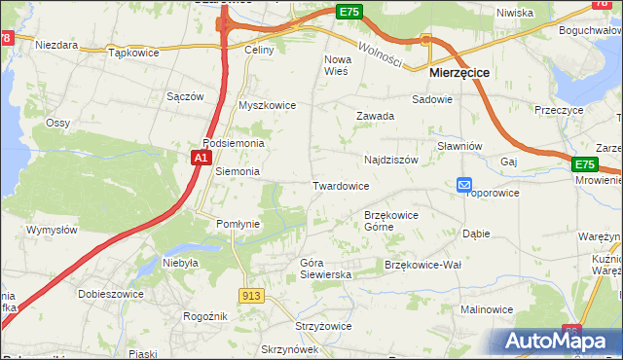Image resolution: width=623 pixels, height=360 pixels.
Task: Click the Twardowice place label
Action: point(340,185)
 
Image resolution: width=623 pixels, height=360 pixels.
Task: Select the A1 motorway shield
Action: point(201,158)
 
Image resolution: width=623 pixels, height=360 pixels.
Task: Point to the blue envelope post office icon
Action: point(464,184)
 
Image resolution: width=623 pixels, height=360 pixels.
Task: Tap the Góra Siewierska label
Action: point(325,269)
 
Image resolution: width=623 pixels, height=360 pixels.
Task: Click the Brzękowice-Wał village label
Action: point(422,265)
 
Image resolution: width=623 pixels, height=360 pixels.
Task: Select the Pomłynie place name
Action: point(238,223)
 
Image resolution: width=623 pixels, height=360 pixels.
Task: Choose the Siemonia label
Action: point(237,171)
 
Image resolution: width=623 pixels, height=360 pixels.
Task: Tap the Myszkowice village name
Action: point(267,105)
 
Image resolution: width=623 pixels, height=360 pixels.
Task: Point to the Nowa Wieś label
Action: point(336,65)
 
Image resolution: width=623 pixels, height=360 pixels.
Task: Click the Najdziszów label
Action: point(390,159)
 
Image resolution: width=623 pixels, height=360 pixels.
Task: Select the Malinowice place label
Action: point(487,309)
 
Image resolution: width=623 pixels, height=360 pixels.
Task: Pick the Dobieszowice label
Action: point(113,294)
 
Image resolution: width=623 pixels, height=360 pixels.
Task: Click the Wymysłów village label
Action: point(52,230)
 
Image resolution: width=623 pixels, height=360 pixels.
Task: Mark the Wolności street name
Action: point(379,52)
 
